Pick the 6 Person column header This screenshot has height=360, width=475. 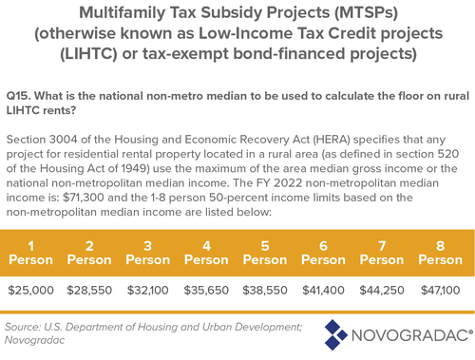pos(324,250)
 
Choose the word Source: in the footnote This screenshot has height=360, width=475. pos(28,326)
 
